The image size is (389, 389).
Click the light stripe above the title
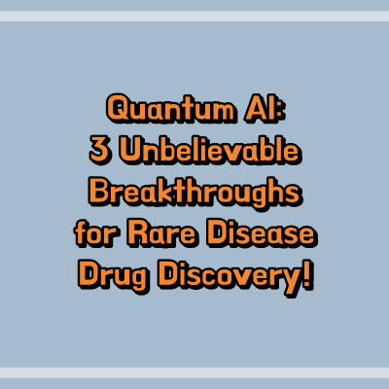[x=194, y=17]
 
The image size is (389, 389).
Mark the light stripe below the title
[x=194, y=372]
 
